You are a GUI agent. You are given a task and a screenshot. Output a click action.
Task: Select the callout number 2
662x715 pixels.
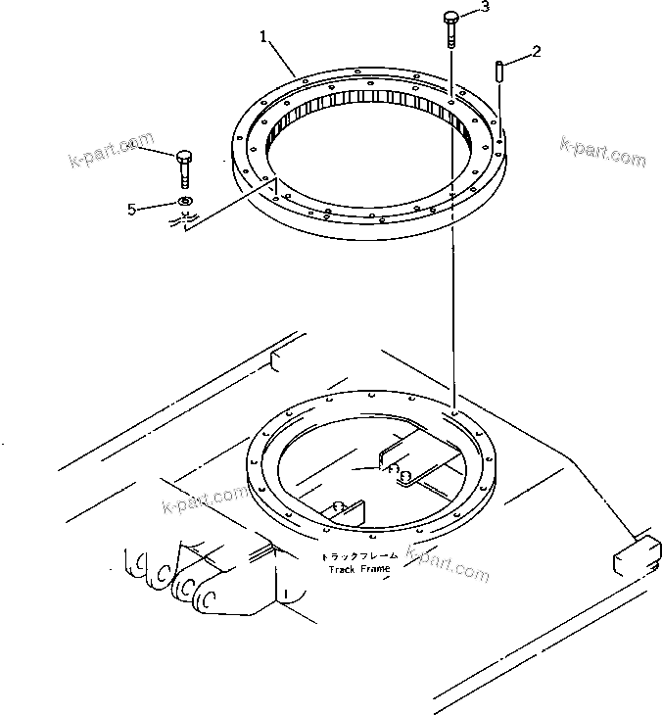click(x=537, y=48)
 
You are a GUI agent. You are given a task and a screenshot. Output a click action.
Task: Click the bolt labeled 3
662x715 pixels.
click(x=449, y=26)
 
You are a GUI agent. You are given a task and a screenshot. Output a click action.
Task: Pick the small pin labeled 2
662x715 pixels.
click(x=499, y=71)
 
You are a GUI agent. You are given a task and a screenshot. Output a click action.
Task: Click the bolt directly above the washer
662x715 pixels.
click(x=184, y=167)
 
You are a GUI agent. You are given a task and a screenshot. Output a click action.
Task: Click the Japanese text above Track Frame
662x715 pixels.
click(x=358, y=555)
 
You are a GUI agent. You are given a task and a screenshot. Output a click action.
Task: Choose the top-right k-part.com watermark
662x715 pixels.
click(x=602, y=149)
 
